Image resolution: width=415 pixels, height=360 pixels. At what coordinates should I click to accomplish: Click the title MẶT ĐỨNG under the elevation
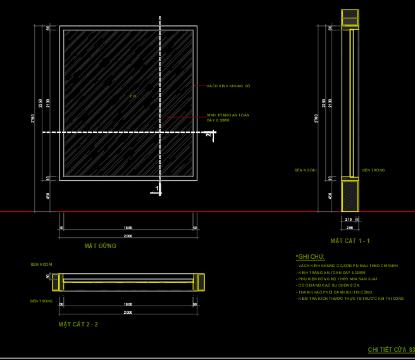point(100,245)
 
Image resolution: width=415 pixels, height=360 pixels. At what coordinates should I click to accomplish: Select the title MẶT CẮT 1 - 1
point(350,241)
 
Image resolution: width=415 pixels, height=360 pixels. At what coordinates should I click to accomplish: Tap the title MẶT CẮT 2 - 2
point(78,324)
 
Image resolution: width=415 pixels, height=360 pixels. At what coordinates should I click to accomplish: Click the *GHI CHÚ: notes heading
point(310,257)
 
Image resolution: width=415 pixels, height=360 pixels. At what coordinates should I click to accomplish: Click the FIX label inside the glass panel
point(133,96)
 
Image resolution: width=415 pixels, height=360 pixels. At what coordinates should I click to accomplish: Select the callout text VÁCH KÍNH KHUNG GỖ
point(228,86)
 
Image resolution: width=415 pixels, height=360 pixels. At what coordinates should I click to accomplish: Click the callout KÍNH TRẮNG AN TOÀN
point(228,115)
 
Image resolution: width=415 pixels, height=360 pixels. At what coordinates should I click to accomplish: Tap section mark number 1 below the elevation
point(158,188)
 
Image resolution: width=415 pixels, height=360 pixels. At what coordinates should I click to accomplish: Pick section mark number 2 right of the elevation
point(209,133)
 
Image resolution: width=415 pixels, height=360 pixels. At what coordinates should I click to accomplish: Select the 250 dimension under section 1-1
point(349,227)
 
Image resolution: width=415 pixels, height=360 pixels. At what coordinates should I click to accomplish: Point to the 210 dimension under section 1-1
point(348,220)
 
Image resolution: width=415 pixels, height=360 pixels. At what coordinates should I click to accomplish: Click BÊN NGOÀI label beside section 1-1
point(305,170)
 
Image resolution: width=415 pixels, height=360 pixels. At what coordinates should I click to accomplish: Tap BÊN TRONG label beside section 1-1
point(373,170)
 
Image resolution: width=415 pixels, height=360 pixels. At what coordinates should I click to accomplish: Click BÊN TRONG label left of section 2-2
point(41,301)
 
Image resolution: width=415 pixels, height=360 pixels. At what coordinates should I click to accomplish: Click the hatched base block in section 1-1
point(350,196)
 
